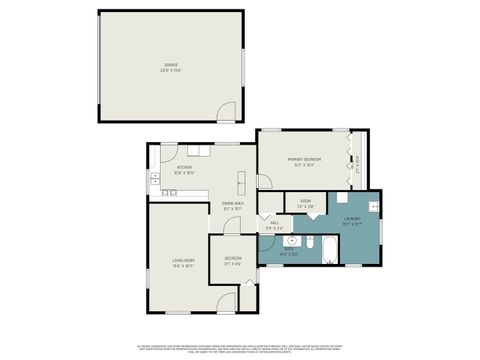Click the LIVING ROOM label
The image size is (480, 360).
[182, 263]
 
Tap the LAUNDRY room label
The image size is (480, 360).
[351, 220]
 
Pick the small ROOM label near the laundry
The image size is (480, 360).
[305, 203]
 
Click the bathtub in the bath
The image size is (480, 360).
[331, 248]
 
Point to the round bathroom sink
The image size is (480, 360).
[291, 241]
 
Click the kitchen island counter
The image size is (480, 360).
[240, 181]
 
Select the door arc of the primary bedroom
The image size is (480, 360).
[264, 181]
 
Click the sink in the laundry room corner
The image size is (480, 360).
[372, 206]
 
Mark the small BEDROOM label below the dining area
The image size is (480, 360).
[233, 262]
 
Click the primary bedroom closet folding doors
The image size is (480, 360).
[350, 160]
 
